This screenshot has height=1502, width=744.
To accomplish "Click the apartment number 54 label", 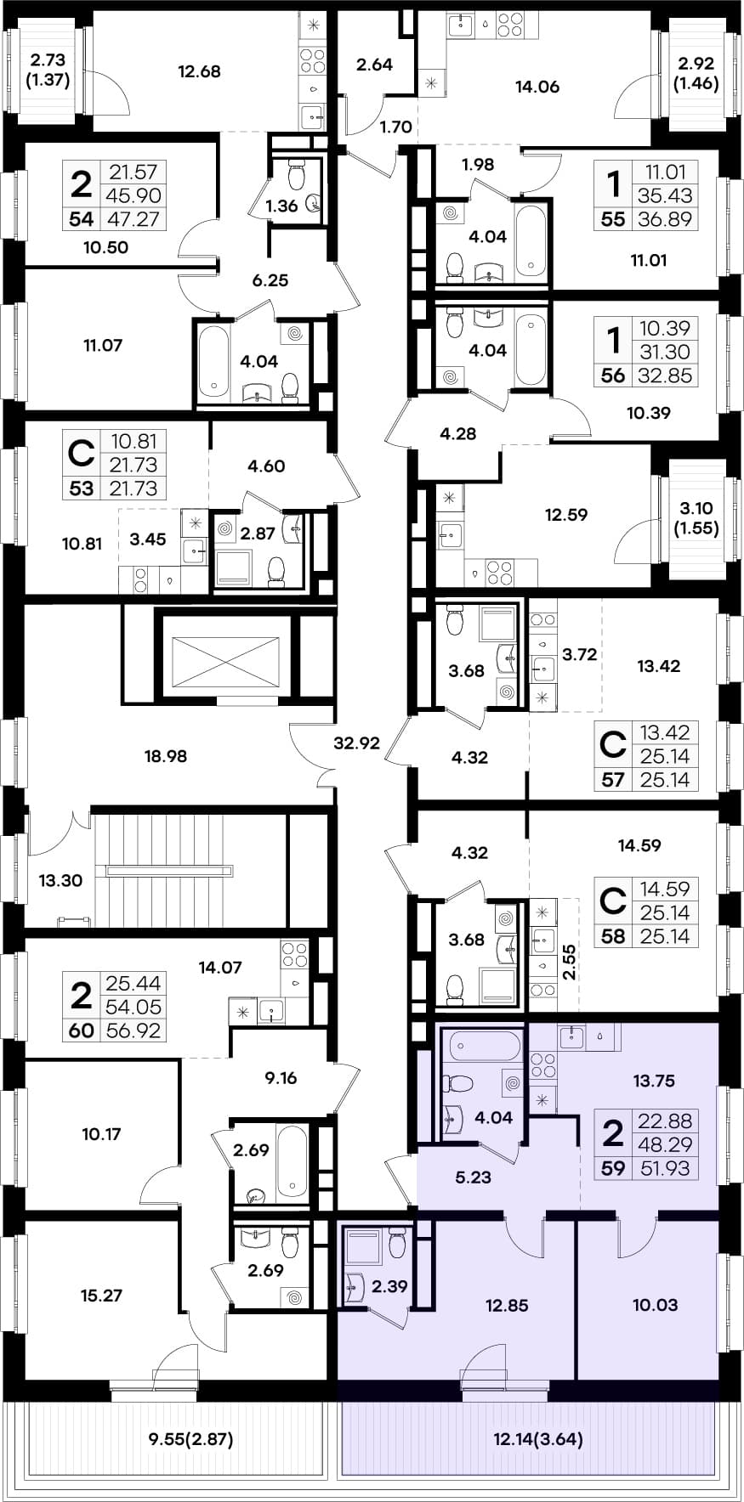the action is pyautogui.click(x=82, y=219).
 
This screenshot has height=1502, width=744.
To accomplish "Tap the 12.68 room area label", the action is pyautogui.click(x=199, y=72).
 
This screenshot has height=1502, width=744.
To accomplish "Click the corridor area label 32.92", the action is pyautogui.click(x=356, y=743).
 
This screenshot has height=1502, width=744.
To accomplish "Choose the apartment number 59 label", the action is pyautogui.click(x=613, y=1168).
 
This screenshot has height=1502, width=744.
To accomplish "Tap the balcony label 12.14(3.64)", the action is pyautogui.click(x=538, y=1439).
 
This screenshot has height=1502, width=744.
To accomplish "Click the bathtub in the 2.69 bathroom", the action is pyautogui.click(x=292, y=1161).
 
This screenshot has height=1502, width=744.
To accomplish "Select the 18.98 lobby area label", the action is pyautogui.click(x=165, y=756).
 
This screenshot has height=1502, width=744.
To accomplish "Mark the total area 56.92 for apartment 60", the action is pyautogui.click(x=133, y=1031).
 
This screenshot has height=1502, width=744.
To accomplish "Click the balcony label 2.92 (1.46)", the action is pyautogui.click(x=696, y=73).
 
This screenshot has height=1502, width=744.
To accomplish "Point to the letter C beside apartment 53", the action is pyautogui.click(x=81, y=454).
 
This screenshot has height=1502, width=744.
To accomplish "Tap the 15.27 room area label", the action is pyautogui.click(x=101, y=1296).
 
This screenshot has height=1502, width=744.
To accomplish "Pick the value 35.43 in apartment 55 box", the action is pyautogui.click(x=665, y=195).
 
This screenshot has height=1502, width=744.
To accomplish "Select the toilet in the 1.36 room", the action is pyautogui.click(x=297, y=176).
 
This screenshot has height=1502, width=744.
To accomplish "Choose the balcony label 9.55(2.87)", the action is pyautogui.click(x=190, y=1439).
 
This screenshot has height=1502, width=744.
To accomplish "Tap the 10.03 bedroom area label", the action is pyautogui.click(x=655, y=1305).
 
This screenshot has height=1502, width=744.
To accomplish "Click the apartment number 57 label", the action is pyautogui.click(x=613, y=780).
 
